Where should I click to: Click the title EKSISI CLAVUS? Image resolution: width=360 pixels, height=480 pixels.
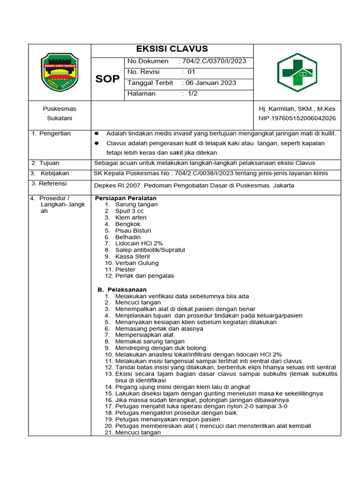[x=172, y=49]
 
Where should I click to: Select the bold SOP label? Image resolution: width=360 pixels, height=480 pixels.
[x=107, y=79]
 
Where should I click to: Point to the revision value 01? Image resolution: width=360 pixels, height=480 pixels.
[x=191, y=72]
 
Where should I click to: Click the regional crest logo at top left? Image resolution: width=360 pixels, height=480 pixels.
[x=60, y=72]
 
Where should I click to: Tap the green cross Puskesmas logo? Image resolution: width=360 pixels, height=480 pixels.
[x=297, y=72]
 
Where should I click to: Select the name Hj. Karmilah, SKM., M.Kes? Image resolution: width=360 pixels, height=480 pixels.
[x=297, y=109]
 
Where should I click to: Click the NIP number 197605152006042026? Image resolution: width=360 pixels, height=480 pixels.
[x=297, y=118]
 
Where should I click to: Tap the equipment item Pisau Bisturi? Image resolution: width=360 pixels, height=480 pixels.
[x=133, y=231]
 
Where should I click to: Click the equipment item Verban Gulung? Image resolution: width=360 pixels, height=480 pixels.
[x=137, y=263]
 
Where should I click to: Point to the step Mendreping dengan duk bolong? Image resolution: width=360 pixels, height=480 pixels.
[x=160, y=348]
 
